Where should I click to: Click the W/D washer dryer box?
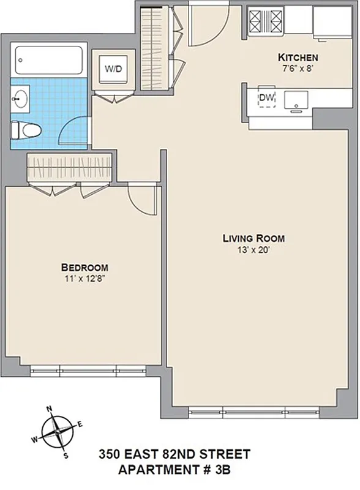coord(113,69)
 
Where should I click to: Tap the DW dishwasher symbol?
coord(266,98)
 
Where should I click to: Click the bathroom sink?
coord(20,99)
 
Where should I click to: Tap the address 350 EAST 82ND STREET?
coord(174,454)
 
